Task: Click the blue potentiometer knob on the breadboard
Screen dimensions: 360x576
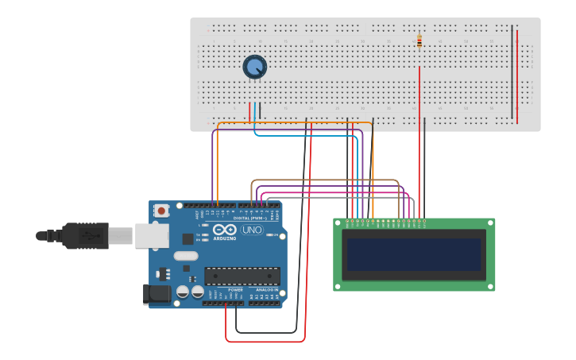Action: [254, 68]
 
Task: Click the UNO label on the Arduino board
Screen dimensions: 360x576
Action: [252, 230]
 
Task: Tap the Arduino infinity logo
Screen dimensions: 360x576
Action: [224, 230]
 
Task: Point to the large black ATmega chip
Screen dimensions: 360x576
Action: [242, 276]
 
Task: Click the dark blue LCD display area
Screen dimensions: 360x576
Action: [413, 255]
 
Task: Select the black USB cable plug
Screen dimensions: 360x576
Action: [84, 236]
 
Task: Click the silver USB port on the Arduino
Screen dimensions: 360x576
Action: [151, 235]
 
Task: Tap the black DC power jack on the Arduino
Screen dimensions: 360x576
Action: [157, 294]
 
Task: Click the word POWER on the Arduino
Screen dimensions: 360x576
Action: [236, 290]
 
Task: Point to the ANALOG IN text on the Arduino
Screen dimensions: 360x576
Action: [266, 290]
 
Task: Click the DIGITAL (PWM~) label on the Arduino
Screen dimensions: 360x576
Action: [250, 218]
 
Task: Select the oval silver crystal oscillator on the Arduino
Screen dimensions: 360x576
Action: [185, 257]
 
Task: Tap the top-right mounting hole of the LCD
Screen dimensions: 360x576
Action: [489, 223]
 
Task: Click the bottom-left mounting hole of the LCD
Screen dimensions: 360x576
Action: [338, 286]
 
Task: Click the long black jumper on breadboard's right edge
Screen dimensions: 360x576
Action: [512, 72]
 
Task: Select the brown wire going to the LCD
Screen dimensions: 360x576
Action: [326, 180]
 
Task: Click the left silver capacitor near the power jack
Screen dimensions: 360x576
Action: [183, 292]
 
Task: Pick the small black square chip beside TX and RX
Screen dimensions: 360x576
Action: [187, 238]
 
